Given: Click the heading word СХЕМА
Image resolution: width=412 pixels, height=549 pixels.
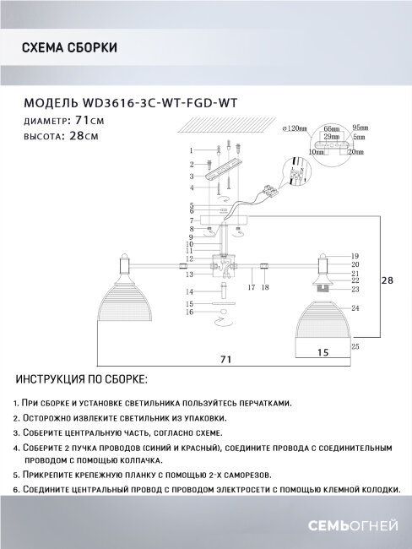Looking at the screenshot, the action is click(x=39, y=47).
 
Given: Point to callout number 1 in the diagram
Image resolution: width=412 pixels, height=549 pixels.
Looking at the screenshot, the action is click(x=192, y=149).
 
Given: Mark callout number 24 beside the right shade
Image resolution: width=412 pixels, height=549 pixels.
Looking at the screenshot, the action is click(x=355, y=308).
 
